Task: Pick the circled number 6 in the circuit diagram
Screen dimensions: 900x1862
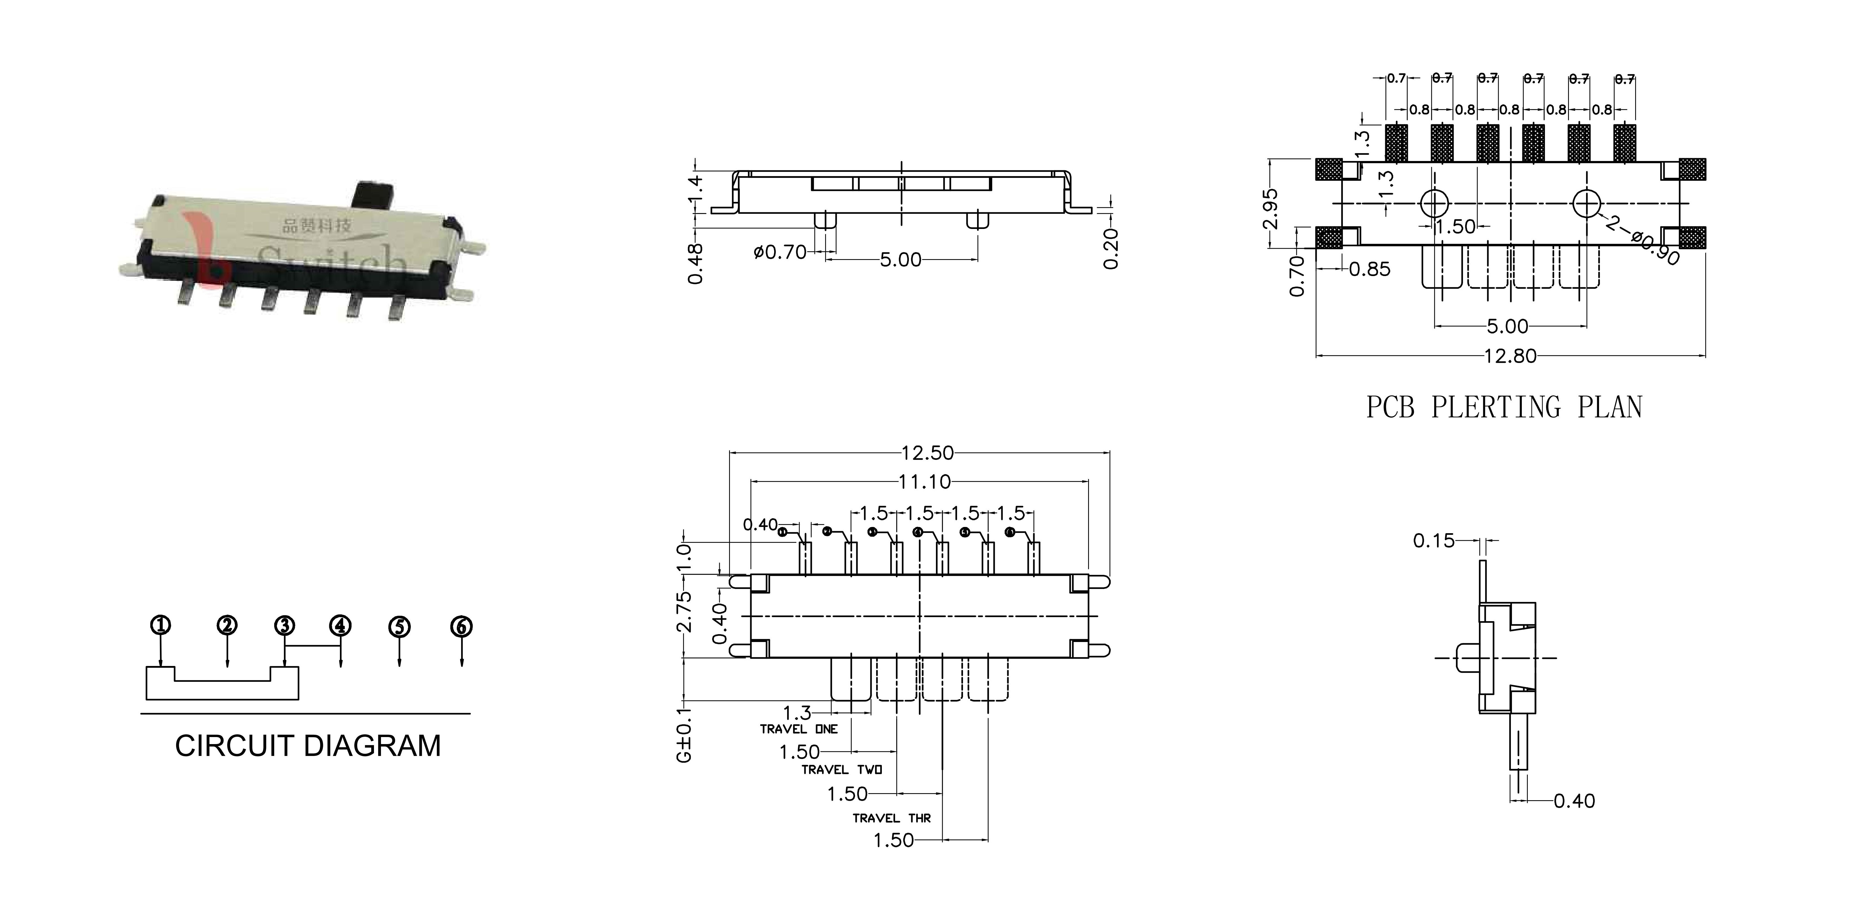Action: coord(461,626)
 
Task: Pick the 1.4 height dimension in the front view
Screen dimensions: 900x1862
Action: coord(695,189)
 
